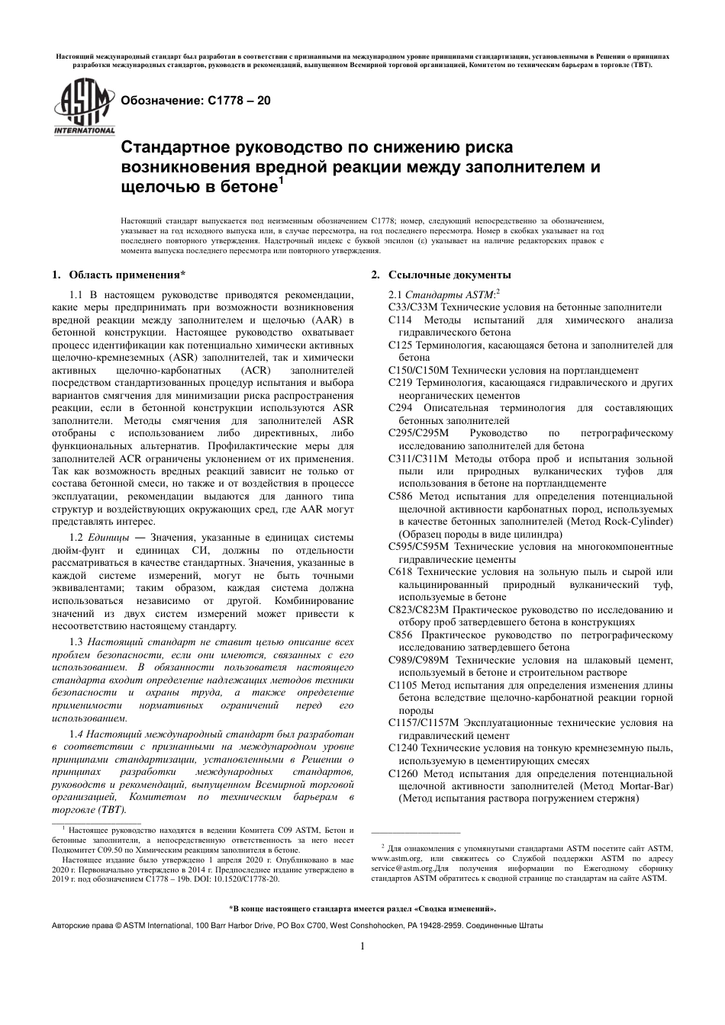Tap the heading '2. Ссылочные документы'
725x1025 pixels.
click(x=440, y=275)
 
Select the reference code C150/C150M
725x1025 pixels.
click(x=418, y=370)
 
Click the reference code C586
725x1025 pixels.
click(x=401, y=496)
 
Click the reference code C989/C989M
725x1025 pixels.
click(x=418, y=660)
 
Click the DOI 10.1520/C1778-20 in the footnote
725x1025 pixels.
click(x=242, y=878)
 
